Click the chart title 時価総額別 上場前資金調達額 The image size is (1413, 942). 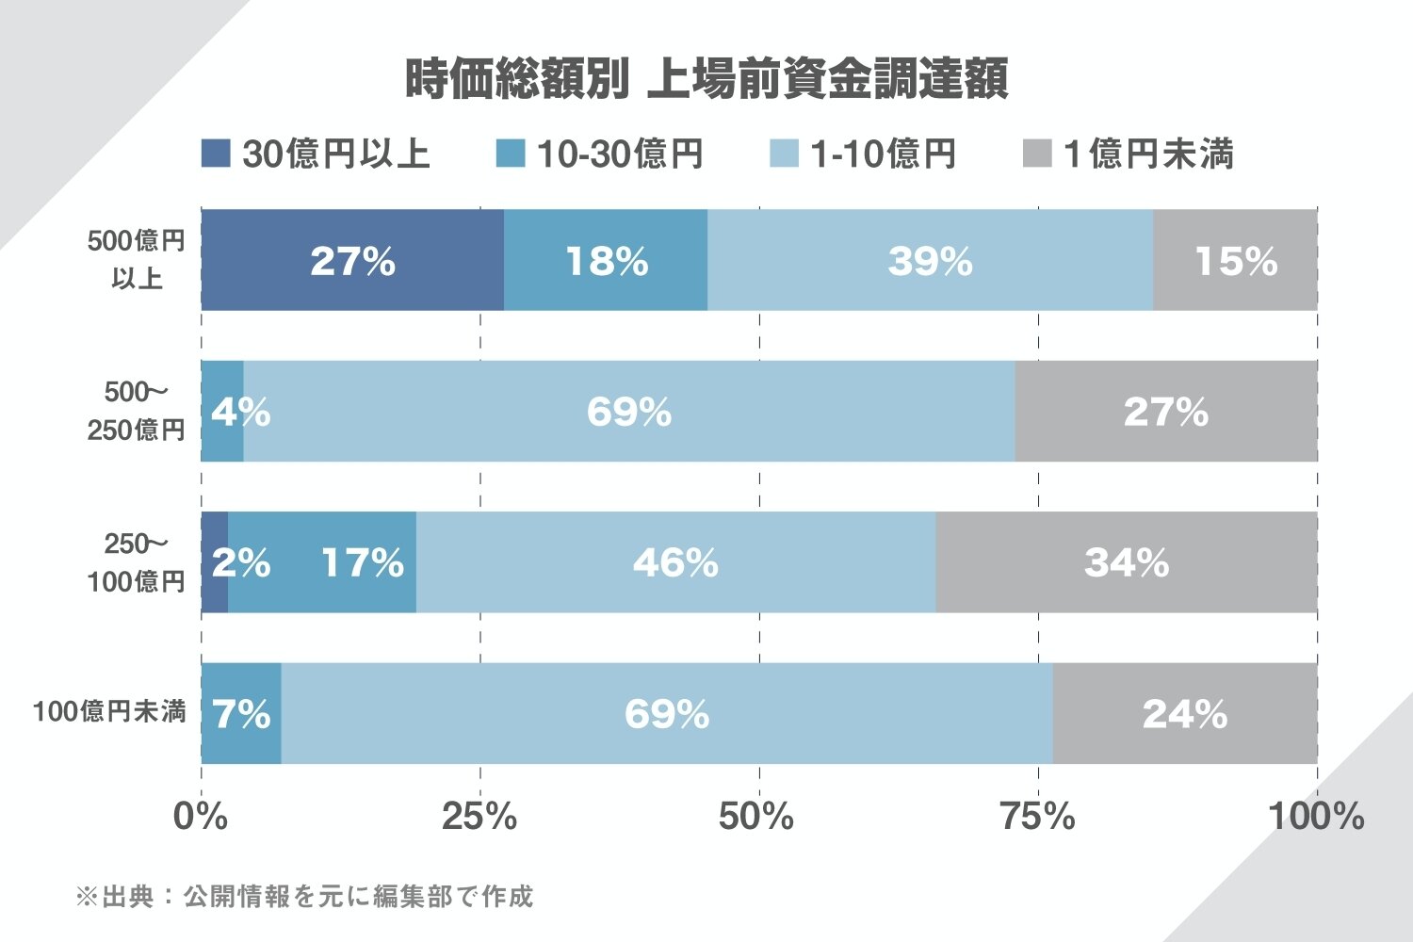[x=706, y=79]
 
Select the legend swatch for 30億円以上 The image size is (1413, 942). [x=216, y=154]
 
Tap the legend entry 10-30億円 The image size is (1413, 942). [x=600, y=154]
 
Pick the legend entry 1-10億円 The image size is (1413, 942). [x=862, y=154]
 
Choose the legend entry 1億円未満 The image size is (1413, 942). [x=1128, y=154]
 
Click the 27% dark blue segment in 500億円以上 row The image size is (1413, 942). [x=352, y=260]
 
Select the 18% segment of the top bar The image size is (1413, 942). [x=606, y=260]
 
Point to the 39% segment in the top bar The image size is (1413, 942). [x=930, y=260]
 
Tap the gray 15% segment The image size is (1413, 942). [x=1235, y=260]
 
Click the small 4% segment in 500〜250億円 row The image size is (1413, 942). [x=223, y=412]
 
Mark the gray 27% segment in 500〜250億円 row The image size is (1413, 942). [x=1165, y=412]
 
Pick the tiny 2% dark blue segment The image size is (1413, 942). [x=215, y=562]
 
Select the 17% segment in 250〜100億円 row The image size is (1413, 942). [x=322, y=562]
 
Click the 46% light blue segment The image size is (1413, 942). [x=675, y=562]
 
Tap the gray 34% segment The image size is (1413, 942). [x=1126, y=562]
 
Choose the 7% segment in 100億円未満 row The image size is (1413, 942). [x=241, y=713]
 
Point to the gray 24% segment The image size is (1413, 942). [x=1184, y=713]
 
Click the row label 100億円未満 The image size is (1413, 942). [x=109, y=712]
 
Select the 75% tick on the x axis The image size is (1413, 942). [x=1037, y=817]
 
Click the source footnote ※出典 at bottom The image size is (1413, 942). [x=304, y=896]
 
